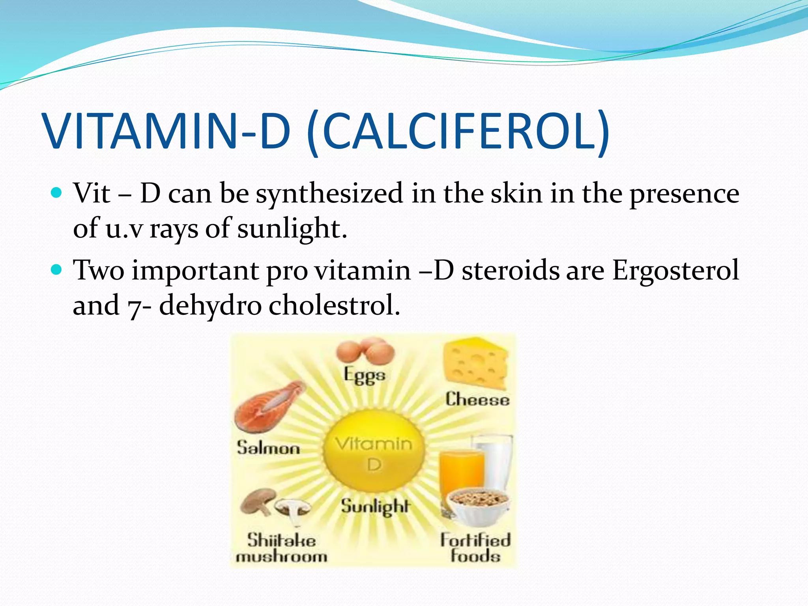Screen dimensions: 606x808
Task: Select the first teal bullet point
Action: (x=57, y=193)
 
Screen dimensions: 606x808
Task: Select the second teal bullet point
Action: (x=57, y=270)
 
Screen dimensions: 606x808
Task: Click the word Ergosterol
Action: (x=675, y=271)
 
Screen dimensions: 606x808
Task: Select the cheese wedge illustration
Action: (x=475, y=363)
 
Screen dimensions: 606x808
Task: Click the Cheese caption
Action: (x=477, y=400)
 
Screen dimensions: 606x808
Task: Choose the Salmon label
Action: (x=268, y=448)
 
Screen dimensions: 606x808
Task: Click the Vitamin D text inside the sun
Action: (x=374, y=454)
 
